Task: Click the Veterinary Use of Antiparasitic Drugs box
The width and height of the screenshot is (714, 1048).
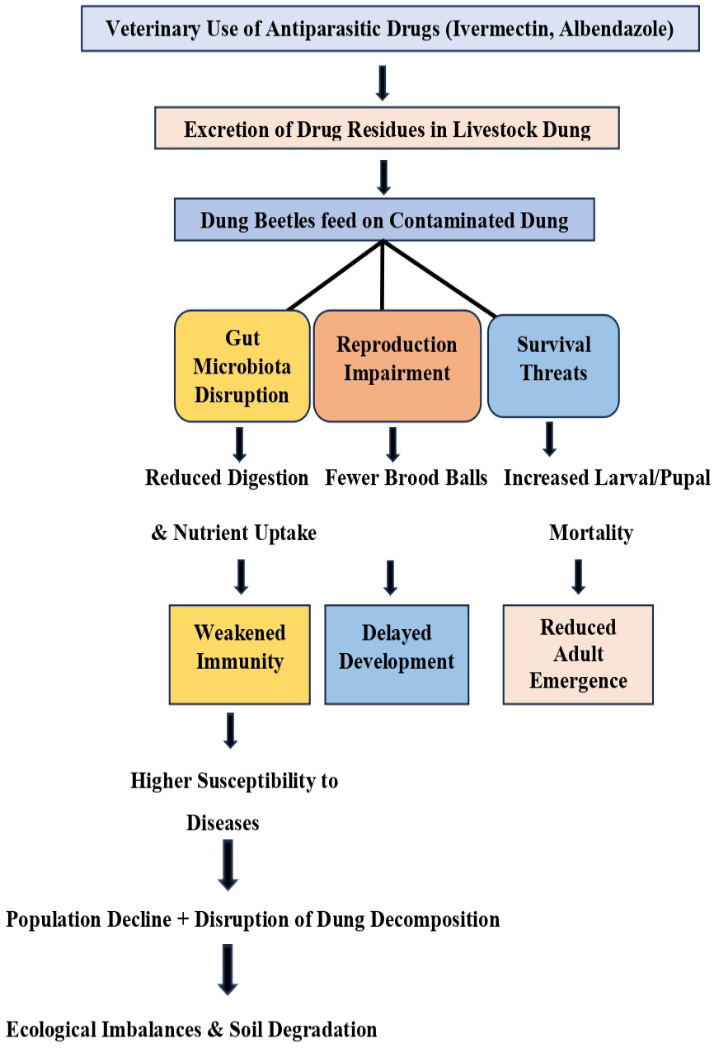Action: click(x=390, y=29)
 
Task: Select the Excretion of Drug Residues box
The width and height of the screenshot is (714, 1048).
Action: click(x=387, y=128)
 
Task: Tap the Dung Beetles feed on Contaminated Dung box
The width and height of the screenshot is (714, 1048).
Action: click(x=384, y=219)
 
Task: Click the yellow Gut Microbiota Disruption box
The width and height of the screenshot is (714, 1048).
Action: click(x=242, y=366)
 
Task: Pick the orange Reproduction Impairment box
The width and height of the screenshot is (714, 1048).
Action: click(x=397, y=366)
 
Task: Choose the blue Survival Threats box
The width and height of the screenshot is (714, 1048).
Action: click(x=553, y=366)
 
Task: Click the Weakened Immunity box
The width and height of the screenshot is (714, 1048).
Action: click(x=240, y=654)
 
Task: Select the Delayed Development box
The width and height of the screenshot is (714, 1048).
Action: click(x=397, y=654)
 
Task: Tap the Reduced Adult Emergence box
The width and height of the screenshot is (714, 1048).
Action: click(x=578, y=654)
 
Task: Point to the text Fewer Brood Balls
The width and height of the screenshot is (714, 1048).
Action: click(x=406, y=477)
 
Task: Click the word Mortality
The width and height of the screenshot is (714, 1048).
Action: click(x=591, y=533)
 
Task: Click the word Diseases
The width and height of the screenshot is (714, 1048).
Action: click(x=223, y=823)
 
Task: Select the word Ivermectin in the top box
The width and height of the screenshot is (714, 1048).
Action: click(x=500, y=29)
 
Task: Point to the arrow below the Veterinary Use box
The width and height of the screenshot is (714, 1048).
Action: click(x=383, y=82)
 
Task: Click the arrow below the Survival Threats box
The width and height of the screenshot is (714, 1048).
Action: click(x=550, y=439)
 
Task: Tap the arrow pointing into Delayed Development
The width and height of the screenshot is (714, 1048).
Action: click(x=391, y=578)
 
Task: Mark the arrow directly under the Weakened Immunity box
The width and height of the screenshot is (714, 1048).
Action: click(x=231, y=731)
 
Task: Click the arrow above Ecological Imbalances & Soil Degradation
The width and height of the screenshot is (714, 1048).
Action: click(x=228, y=970)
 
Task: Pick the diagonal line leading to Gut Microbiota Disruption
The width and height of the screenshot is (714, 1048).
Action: click(x=336, y=275)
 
